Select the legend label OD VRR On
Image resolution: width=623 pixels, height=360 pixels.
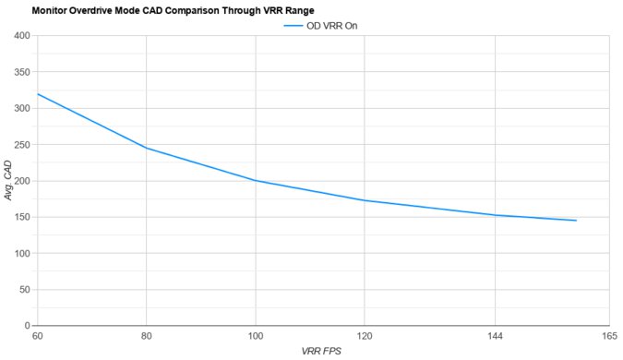pyautogui.click(x=331, y=26)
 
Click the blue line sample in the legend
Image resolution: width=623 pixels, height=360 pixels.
pyautogui.click(x=293, y=26)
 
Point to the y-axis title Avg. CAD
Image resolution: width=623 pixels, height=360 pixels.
pyautogui.click(x=8, y=181)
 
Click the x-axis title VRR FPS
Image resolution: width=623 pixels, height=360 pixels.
pyautogui.click(x=323, y=352)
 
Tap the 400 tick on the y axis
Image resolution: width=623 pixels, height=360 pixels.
pyautogui.click(x=21, y=36)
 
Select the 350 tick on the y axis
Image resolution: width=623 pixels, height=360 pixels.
pyautogui.click(x=21, y=72)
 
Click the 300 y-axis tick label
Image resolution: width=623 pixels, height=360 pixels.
pyautogui.click(x=21, y=108)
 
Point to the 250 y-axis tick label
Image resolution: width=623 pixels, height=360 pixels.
pyautogui.click(x=21, y=145)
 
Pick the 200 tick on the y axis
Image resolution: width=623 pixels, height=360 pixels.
pyautogui.click(x=21, y=181)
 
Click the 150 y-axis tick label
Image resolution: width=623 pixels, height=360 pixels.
pyautogui.click(x=21, y=217)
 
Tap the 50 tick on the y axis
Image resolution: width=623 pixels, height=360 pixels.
pyautogui.click(x=24, y=290)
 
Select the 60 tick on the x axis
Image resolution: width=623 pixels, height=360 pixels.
pyautogui.click(x=37, y=336)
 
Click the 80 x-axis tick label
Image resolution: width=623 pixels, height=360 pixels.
pyautogui.click(x=146, y=336)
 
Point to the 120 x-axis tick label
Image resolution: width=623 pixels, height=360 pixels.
pyautogui.click(x=365, y=336)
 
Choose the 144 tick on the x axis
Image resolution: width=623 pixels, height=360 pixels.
pyautogui.click(x=496, y=336)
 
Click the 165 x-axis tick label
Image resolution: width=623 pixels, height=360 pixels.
pyautogui.click(x=608, y=336)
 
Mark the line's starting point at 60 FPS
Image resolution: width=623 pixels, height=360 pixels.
pyautogui.click(x=37, y=94)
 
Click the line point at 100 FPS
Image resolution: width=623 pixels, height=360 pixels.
pyautogui.click(x=256, y=181)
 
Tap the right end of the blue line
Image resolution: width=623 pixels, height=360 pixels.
pyautogui.click(x=577, y=221)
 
